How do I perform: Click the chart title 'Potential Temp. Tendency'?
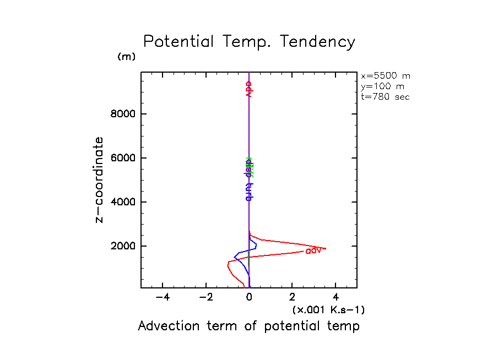tap(249, 42)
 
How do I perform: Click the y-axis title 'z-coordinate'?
tap(100, 179)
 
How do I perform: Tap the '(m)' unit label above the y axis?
tap(126, 57)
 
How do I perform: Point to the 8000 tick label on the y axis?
tap(122, 114)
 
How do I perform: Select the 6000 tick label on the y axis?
tap(122, 158)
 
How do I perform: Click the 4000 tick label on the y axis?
tap(122, 202)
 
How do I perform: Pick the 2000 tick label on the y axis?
tap(122, 246)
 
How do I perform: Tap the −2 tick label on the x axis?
tap(205, 298)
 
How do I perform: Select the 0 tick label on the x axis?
tap(250, 298)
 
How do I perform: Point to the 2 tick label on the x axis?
tap(292, 298)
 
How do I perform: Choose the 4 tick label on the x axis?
tap(335, 298)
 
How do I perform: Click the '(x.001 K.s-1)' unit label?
tap(328, 310)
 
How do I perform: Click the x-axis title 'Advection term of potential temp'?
tap(248, 326)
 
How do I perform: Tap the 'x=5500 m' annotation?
tap(385, 76)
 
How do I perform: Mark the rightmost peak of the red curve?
tap(326, 249)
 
